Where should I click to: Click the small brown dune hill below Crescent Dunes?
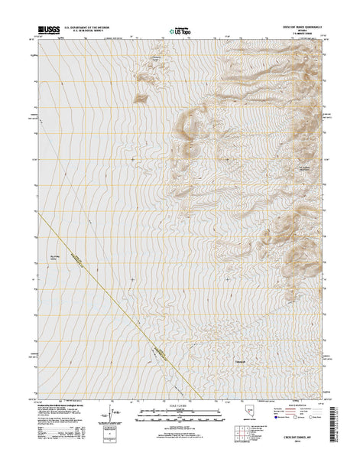[141, 97]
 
